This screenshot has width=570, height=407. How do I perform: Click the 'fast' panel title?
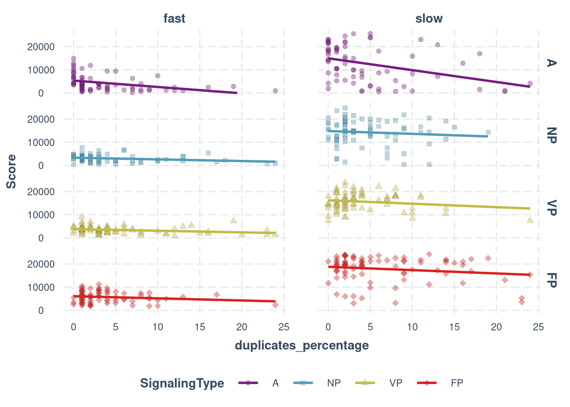pos(174,19)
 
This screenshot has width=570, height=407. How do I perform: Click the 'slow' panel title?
pos(429,19)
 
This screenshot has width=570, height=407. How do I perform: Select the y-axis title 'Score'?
pos(11,171)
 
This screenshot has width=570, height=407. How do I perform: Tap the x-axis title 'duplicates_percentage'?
pos(302,346)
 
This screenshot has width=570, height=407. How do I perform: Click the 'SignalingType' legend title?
pos(182,383)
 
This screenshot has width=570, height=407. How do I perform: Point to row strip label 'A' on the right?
pos(551,63)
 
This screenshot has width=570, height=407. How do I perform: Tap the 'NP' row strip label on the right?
pos(551,135)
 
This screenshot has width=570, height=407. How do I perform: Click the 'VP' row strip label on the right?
pos(551,208)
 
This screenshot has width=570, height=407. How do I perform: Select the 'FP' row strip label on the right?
pos(551,280)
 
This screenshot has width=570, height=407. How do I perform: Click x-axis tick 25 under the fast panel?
pos(284,327)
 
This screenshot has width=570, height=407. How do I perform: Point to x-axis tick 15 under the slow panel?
pos(454,327)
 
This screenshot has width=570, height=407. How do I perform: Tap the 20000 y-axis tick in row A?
pos(41,47)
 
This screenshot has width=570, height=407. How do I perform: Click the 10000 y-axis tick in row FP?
pos(41,287)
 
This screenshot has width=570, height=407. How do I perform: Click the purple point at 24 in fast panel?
pos(275,91)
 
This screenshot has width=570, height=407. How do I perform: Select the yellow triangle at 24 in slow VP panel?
pos(530,220)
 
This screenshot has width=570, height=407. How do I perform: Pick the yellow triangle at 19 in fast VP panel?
pos(233,220)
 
